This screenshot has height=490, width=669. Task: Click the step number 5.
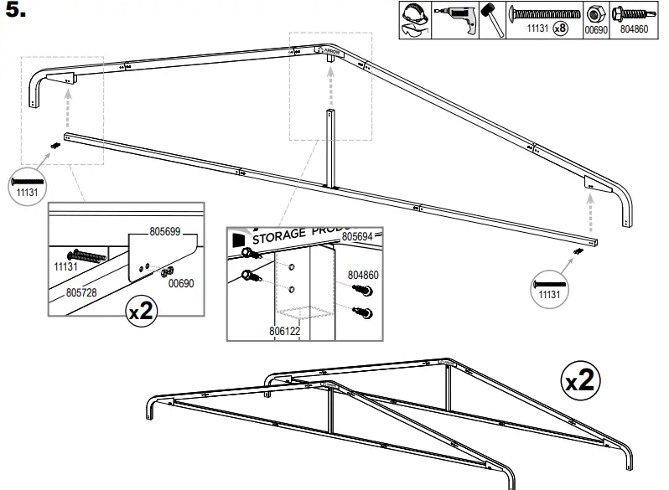pyautogui.click(x=18, y=13)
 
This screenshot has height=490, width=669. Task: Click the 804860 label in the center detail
pyautogui.click(x=362, y=275)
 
